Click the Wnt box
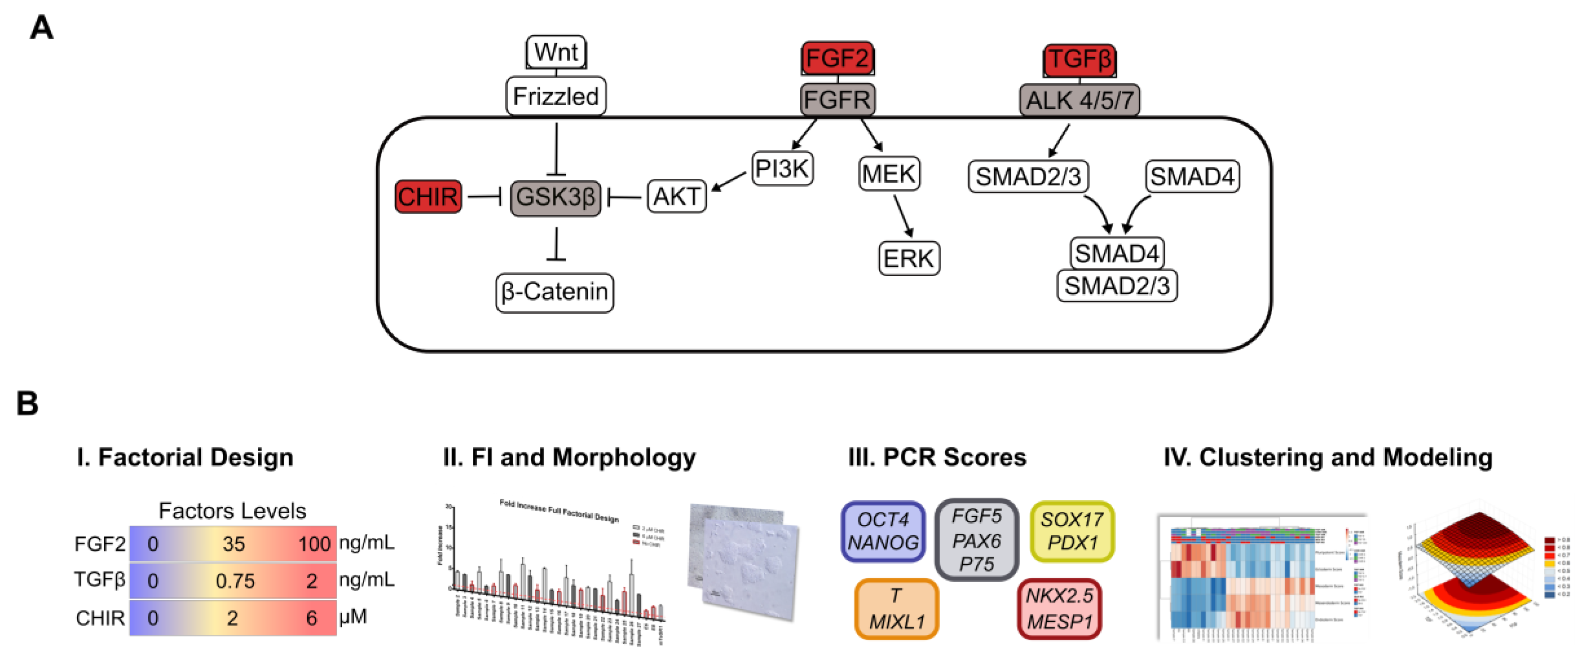(x=556, y=52)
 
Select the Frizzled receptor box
(x=556, y=97)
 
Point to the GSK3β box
(x=556, y=197)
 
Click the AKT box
(x=677, y=196)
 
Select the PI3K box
(x=782, y=169)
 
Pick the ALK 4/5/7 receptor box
(x=1079, y=100)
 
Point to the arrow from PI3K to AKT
(x=728, y=182)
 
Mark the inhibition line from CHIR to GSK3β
(x=485, y=197)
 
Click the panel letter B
(x=28, y=404)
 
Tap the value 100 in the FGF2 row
(x=314, y=544)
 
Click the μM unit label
(x=353, y=617)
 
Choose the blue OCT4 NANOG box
(x=883, y=531)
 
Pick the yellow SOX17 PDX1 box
(x=1072, y=531)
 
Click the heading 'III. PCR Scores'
(x=937, y=458)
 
